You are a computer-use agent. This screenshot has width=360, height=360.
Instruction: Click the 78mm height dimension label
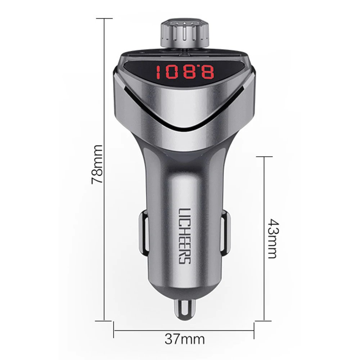96,164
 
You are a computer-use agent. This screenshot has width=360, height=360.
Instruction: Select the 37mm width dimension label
184,339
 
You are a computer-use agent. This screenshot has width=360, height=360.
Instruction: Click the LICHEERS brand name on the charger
184,235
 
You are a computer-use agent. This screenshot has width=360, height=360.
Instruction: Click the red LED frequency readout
185,72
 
